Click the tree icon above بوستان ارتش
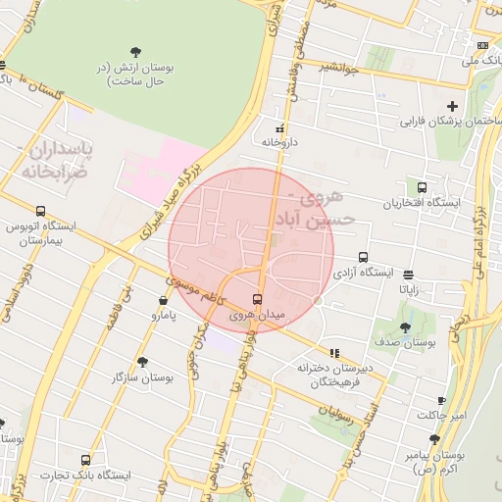tap(135, 52)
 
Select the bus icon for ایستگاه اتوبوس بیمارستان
tap(40, 211)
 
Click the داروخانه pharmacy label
tap(278, 141)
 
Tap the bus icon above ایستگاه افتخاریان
tap(422, 187)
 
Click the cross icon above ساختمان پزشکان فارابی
tap(452, 106)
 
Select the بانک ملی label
tap(487, 61)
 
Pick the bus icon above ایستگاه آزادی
tap(364, 257)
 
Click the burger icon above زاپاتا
tap(408, 276)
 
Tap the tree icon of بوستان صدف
tap(406, 327)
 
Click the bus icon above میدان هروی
tap(257, 299)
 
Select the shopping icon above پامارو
tap(163, 300)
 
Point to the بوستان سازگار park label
tap(143, 376)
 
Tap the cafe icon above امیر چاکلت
tap(441, 400)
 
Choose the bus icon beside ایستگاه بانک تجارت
tap(86, 459)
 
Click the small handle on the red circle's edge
tap(319, 301)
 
